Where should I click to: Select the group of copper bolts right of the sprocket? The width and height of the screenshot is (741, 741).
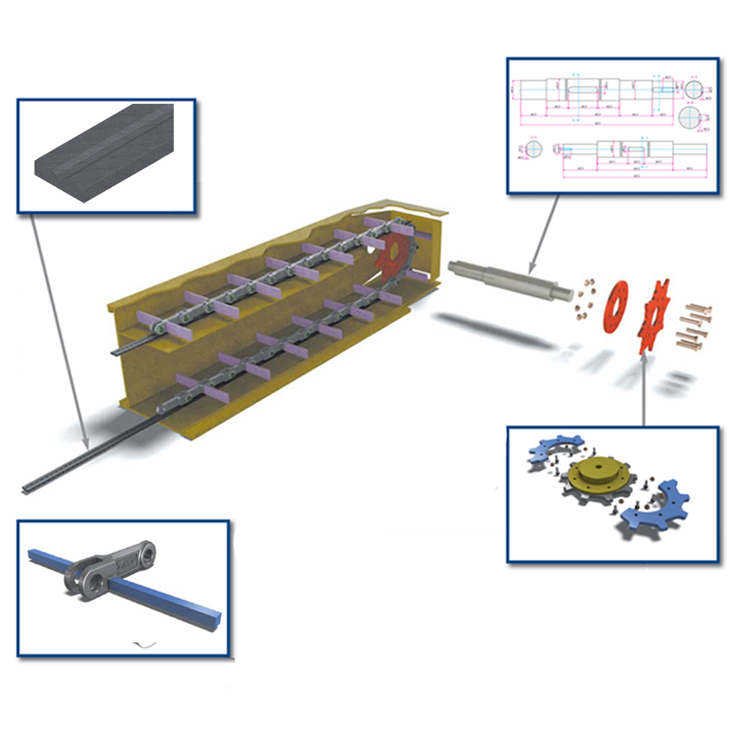pyautogui.click(x=694, y=325)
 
